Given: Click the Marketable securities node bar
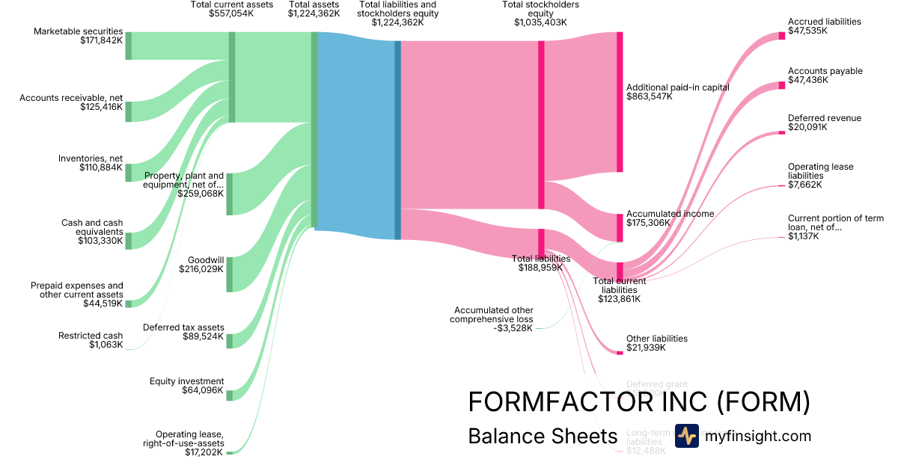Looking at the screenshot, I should [128, 46].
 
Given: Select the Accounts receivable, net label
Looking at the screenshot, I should [71, 98].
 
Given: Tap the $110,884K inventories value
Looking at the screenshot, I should [101, 167].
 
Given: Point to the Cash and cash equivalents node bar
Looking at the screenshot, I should [128, 240].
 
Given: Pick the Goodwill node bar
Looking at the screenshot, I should [230, 274].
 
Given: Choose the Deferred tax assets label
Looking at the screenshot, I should [183, 327].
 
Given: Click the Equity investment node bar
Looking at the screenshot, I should [230, 395].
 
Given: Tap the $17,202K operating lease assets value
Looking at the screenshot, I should [204, 452].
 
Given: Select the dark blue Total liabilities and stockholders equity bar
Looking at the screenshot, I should [398, 140].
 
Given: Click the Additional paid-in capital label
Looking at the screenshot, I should [677, 87].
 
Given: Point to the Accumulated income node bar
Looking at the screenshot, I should [620, 227].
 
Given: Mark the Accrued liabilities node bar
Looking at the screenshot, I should [782, 35].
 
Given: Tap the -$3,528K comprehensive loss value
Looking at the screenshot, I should [513, 327].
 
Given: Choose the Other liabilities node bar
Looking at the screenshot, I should [620, 352].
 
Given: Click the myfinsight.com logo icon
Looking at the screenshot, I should [686, 436].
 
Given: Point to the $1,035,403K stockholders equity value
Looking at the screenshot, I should [540, 22].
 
